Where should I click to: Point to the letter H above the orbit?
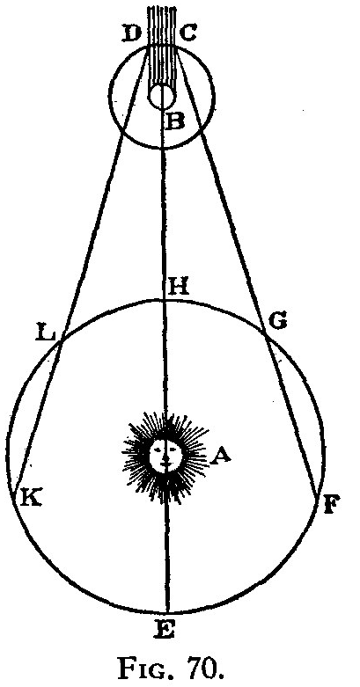click(x=177, y=287)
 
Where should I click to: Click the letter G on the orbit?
click(x=277, y=322)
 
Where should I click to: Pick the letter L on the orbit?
click(x=45, y=335)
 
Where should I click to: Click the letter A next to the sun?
click(x=220, y=457)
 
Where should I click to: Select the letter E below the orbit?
click(x=165, y=630)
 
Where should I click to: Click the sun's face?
click(x=165, y=456)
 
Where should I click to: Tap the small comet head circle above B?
click(x=162, y=97)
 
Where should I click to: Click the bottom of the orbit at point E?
click(x=168, y=612)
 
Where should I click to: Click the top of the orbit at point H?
click(x=165, y=300)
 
